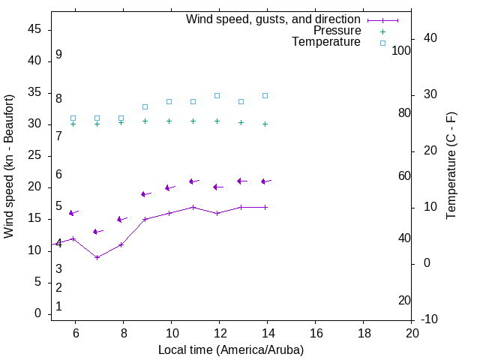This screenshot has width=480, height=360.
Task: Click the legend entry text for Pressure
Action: tap(337, 31)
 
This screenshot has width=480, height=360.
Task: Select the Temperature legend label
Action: tap(326, 42)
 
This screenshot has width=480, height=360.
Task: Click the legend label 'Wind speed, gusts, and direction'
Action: tap(274, 19)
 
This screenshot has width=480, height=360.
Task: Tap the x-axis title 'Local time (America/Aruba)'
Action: tap(231, 349)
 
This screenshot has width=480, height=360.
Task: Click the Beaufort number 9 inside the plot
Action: tap(58, 55)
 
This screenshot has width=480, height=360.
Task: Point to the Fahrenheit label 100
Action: tap(401, 50)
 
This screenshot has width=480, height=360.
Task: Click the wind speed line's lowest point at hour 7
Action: tap(97, 257)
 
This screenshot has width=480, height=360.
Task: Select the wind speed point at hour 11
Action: tap(193, 207)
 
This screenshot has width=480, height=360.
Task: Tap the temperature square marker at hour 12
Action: tap(217, 95)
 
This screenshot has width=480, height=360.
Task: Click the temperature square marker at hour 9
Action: tap(145, 106)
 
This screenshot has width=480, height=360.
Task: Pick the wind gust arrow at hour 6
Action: tap(73, 213)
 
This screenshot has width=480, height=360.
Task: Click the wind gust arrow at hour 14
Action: tap(265, 181)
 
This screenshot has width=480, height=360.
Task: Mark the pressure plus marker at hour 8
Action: tap(121, 122)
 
